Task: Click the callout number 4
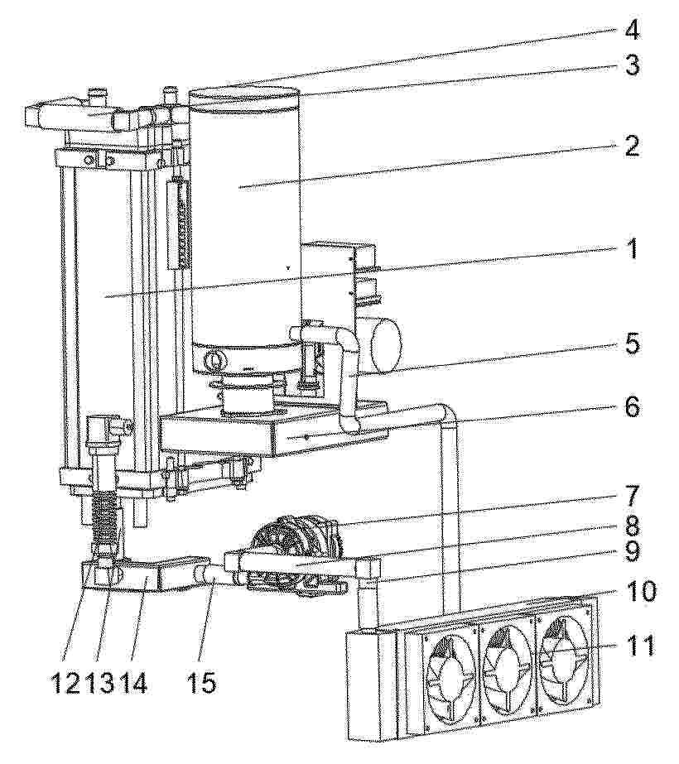pos(631,31)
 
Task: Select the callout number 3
pos(632,65)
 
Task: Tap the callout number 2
pos(631,146)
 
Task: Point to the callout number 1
pos(632,249)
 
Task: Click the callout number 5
pos(632,344)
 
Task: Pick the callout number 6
pos(632,407)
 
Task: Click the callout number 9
pos(631,553)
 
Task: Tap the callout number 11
pos(638,646)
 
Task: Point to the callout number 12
pos(68,684)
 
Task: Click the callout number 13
pos(100,684)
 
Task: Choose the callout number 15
pos(201,684)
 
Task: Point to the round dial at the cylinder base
pos(215,360)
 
